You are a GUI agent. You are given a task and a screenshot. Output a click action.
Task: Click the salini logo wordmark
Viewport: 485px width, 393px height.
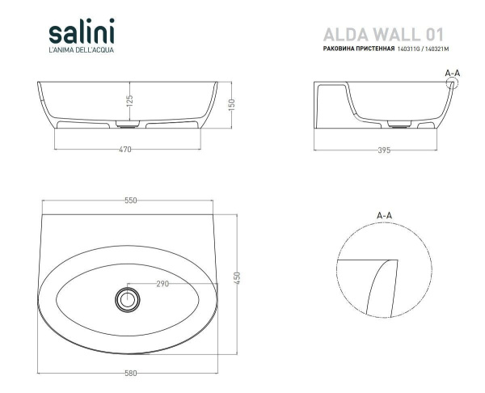tap(82, 31)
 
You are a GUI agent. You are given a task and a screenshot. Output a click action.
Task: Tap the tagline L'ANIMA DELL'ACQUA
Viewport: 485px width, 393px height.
tap(82, 50)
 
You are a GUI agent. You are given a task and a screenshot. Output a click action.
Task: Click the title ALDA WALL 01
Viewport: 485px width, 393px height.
tap(383, 34)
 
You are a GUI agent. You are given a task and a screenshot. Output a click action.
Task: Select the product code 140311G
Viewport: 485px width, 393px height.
tap(408, 49)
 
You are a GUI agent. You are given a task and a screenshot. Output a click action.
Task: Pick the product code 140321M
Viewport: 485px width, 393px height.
tap(436, 49)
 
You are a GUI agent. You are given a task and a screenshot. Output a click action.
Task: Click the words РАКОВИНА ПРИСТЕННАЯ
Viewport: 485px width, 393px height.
tap(359, 49)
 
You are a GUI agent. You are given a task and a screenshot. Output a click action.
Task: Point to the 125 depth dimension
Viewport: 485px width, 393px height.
tap(129, 100)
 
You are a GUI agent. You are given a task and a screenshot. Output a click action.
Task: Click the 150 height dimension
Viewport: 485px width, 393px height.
tap(232, 104)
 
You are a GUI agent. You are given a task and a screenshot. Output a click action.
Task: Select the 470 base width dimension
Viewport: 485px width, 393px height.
tap(125, 150)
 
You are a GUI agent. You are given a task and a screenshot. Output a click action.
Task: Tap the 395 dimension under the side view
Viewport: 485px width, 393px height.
tap(384, 150)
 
